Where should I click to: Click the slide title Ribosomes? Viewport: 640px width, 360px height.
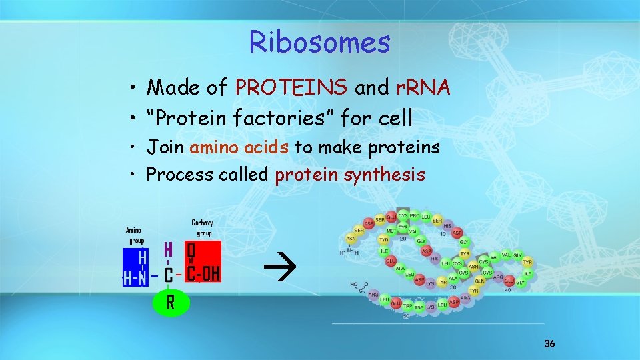click(x=319, y=43)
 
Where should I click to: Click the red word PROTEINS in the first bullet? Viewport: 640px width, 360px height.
click(x=291, y=87)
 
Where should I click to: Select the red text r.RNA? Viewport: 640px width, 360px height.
click(x=423, y=87)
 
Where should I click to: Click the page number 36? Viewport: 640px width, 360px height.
click(x=549, y=344)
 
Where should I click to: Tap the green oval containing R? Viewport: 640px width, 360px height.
click(x=171, y=302)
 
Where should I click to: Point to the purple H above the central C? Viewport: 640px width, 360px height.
click(x=169, y=249)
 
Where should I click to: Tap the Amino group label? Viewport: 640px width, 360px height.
click(x=135, y=235)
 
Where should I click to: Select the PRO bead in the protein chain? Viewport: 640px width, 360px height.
click(x=415, y=216)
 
